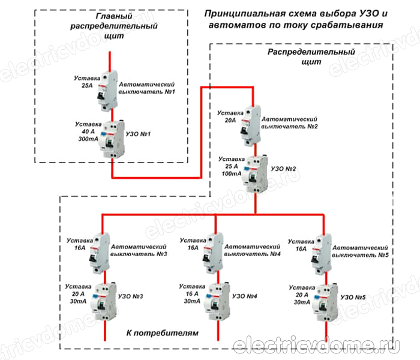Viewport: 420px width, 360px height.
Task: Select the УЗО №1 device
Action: (111, 137)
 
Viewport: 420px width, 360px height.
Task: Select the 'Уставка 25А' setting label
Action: (85, 82)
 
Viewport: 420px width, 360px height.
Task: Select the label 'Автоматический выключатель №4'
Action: (253, 250)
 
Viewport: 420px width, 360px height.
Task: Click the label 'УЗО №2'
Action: (285, 170)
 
